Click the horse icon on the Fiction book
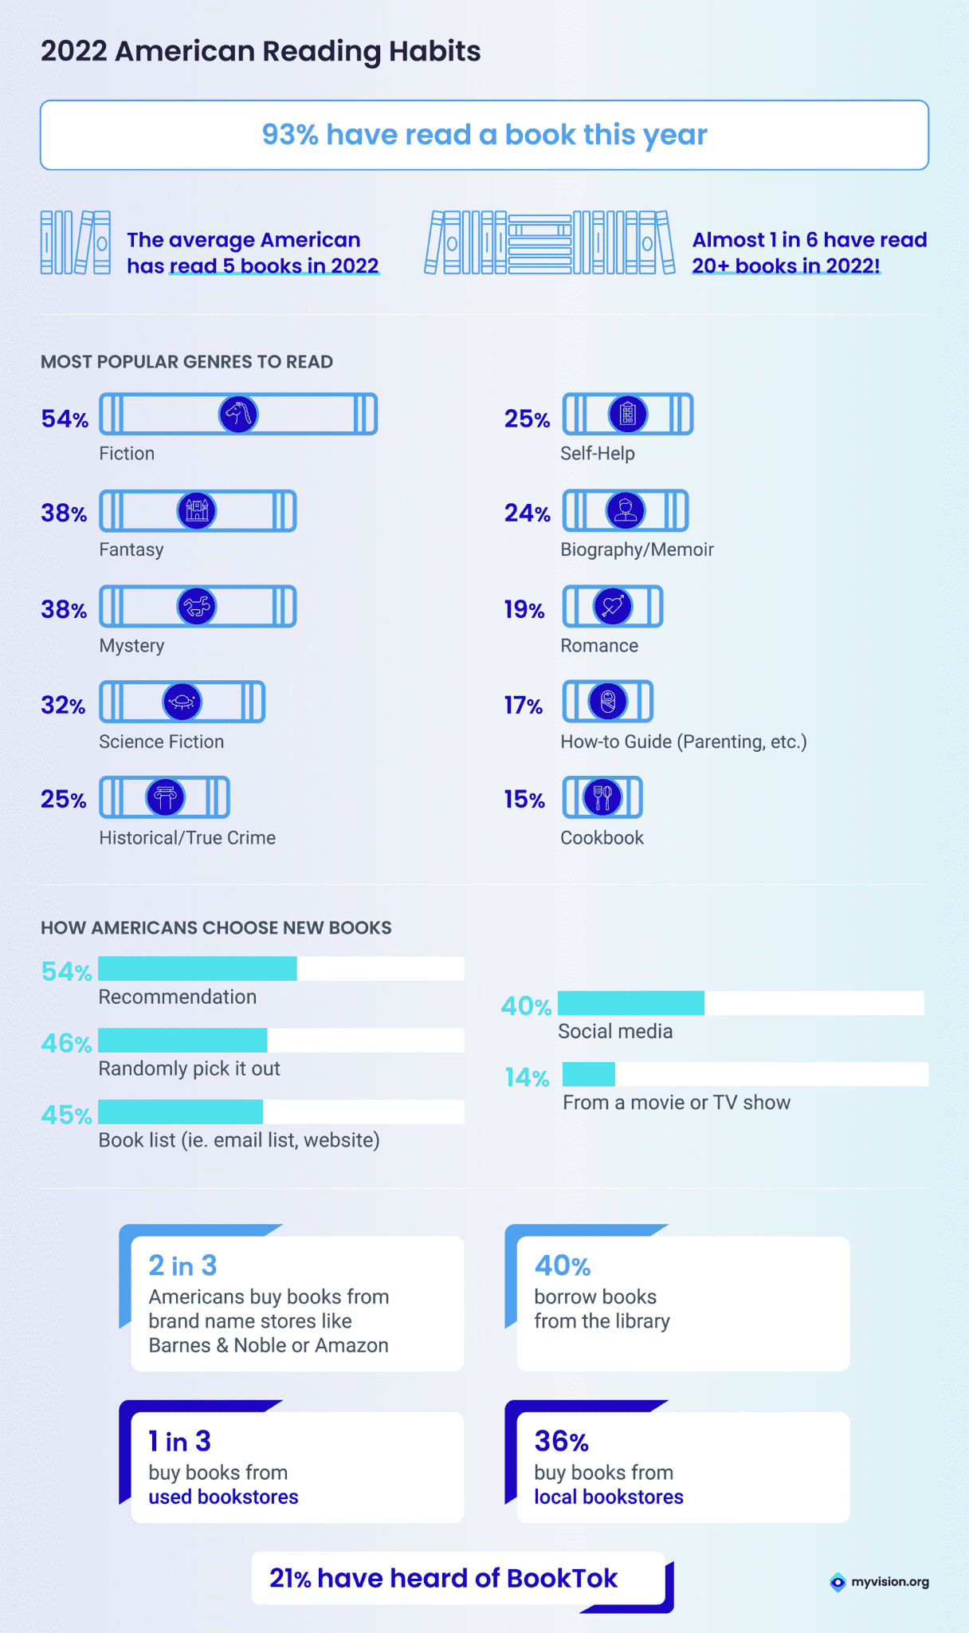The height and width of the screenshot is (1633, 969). (238, 415)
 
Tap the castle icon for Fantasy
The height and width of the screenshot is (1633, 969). (197, 510)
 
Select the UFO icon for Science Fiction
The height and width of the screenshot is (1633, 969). (182, 702)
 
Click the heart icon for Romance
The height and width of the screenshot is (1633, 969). (613, 606)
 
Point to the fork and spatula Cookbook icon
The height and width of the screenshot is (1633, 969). (603, 797)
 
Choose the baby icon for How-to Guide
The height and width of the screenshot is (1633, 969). (608, 702)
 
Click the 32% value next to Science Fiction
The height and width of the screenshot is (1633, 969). (63, 706)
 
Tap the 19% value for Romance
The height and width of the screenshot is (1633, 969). (524, 610)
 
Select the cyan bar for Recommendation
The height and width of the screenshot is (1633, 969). (198, 969)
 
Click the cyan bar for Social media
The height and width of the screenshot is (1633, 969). (631, 1003)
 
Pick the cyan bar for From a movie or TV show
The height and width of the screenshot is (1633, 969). (589, 1074)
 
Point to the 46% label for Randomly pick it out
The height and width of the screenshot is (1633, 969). (66, 1043)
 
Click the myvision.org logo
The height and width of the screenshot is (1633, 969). (880, 1582)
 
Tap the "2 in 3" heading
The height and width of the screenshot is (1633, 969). (182, 1265)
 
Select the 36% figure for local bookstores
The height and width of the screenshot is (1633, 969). (562, 1441)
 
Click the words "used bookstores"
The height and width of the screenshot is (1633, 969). (223, 1497)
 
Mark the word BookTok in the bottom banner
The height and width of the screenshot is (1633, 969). (562, 1578)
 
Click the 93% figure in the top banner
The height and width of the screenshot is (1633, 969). (290, 135)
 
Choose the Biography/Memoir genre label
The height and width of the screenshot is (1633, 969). (637, 549)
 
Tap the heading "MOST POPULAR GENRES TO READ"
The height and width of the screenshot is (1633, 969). (186, 362)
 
